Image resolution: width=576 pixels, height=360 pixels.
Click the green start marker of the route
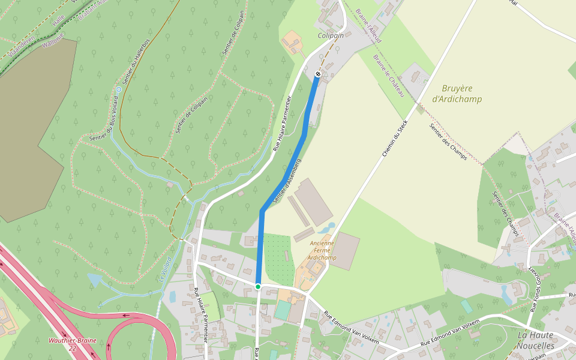click(x=258, y=287)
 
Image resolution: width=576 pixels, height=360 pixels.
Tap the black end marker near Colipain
click(x=317, y=74)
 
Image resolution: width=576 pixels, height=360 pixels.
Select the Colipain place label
click(x=331, y=36)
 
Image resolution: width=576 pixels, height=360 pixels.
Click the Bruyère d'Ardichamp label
click(x=457, y=94)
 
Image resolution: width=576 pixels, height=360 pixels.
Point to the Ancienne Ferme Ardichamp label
click(x=322, y=250)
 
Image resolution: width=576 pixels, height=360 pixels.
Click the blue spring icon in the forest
click(x=118, y=89)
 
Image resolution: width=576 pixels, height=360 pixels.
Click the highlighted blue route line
click(x=282, y=180)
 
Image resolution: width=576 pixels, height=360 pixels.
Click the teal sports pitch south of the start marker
click(x=283, y=310)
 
